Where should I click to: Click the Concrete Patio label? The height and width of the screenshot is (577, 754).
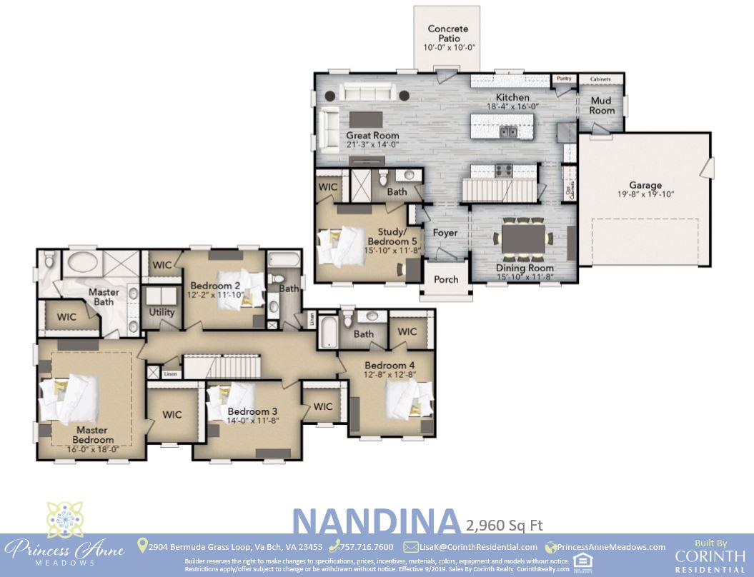(448, 34)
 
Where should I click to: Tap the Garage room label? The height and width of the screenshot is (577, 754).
(645, 185)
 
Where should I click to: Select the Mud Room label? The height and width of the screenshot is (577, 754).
(602, 106)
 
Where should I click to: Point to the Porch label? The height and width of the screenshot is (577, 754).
(446, 279)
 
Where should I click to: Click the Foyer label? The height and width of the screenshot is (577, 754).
(445, 233)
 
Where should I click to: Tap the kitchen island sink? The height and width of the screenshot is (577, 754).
(509, 131)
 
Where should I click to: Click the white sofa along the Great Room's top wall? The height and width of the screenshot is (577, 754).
(367, 93)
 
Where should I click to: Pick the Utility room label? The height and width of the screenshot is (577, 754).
(162, 313)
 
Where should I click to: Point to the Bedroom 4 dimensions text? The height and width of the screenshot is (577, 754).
(389, 375)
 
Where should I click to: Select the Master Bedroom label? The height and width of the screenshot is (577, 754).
(92, 435)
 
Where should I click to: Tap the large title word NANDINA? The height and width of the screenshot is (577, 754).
(375, 522)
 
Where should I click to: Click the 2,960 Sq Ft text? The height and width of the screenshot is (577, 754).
(504, 526)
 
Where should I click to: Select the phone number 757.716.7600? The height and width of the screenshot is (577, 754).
(367, 547)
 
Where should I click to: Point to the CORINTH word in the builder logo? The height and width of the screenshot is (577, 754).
(705, 556)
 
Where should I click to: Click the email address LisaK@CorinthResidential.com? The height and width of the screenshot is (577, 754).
(478, 547)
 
